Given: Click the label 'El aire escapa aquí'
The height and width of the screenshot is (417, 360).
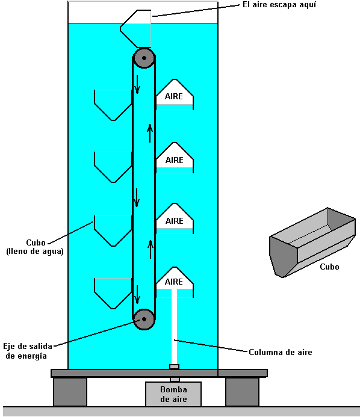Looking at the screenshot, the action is point(279,5).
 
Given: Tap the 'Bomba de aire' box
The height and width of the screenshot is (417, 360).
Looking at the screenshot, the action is point(173,394).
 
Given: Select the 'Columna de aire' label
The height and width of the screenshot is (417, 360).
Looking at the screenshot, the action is point(281,352).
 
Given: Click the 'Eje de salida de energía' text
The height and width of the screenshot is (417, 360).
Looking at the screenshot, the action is point(28,351).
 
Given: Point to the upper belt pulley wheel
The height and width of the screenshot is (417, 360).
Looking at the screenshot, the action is point(144,58).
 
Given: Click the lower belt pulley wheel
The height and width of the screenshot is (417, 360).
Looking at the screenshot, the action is point(144,319).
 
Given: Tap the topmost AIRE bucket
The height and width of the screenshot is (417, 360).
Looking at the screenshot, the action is point(174,94).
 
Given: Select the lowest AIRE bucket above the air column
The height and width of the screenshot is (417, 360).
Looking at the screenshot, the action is point(174,282).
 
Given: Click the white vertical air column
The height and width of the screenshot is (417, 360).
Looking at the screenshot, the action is point(174,327).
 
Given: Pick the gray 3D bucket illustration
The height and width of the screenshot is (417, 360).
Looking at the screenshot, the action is point(312,242).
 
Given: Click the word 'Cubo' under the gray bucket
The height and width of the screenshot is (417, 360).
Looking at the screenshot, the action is point(329,267).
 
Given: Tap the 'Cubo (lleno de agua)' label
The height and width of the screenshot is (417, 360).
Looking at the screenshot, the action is point(35,247).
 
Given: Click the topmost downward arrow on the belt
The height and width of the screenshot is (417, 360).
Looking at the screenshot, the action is point(137,85).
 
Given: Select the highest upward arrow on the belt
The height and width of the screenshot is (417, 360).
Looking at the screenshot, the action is point(150,133).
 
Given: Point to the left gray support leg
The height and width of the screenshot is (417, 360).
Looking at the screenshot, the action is point(70,392).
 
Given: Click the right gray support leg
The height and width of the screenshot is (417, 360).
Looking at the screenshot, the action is point(242,392).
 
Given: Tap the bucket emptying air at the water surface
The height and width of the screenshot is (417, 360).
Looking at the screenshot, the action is point(135,29).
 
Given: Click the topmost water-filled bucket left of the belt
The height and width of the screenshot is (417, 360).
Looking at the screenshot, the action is point(113,105).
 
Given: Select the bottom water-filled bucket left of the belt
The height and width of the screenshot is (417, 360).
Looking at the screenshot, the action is point(113,293).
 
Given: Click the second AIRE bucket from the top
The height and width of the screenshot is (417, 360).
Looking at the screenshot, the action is point(174,158).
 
